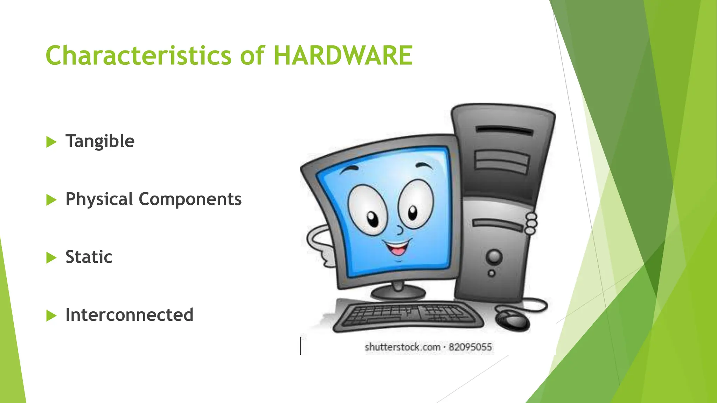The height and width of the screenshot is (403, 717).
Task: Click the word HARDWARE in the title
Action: (x=343, y=56)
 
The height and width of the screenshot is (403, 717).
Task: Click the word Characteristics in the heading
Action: (x=139, y=56)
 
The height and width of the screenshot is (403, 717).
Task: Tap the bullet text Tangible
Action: (x=100, y=141)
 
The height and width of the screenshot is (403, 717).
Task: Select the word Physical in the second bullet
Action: (x=99, y=199)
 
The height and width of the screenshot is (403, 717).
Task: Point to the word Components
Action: (x=190, y=199)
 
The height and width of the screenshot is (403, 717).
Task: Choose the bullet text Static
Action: (x=89, y=257)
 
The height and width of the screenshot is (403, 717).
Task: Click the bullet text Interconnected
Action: (x=129, y=315)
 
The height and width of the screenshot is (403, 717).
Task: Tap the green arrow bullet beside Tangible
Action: (x=51, y=142)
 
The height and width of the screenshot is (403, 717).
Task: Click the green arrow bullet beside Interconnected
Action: (x=51, y=316)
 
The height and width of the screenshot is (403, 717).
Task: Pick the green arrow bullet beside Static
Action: (x=51, y=258)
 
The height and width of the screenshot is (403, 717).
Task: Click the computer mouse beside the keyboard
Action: (x=512, y=319)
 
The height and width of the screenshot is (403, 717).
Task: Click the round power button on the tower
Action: (x=494, y=257)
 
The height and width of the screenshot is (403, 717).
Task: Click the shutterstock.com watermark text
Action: (x=402, y=347)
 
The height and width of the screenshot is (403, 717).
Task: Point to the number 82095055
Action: (x=470, y=347)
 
